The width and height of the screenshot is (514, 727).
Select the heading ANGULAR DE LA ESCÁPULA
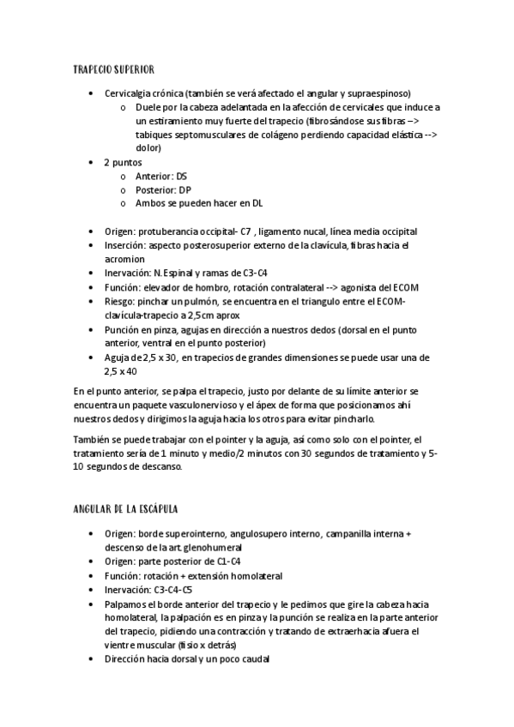click(x=126, y=508)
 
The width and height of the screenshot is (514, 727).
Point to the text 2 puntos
click(x=123, y=162)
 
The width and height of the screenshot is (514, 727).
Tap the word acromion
click(x=126, y=259)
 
